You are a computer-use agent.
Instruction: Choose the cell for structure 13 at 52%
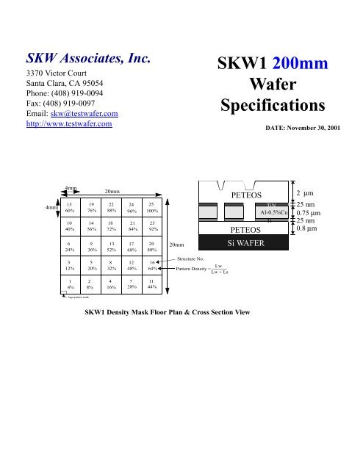point(110,250)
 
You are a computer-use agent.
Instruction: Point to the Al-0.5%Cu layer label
point(271,213)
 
